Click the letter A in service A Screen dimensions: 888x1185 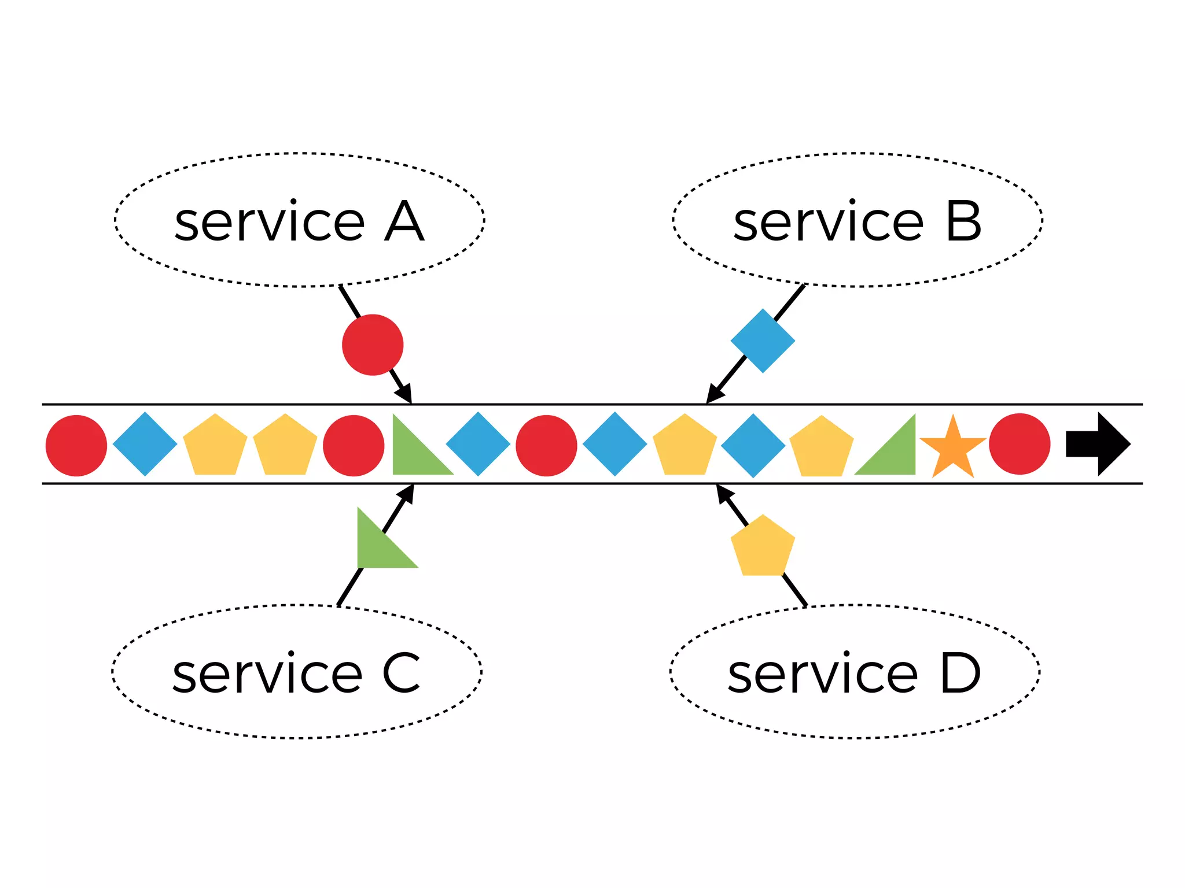[x=404, y=221]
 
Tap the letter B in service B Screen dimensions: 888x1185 [x=963, y=221]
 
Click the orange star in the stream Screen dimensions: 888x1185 [x=952, y=448]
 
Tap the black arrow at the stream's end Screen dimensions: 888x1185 [x=1098, y=444]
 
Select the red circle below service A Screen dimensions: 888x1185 [x=373, y=345]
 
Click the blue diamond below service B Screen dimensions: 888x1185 [x=763, y=341]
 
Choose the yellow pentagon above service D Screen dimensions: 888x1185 [x=763, y=547]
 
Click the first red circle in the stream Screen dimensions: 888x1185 [x=76, y=445]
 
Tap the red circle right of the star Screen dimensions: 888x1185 [x=1020, y=444]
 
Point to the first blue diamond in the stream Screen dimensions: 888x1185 [x=145, y=444]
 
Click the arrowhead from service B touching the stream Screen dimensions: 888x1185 [x=713, y=395]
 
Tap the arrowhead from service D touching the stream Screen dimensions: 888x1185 [x=723, y=493]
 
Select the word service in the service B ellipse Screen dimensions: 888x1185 [x=827, y=223]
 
